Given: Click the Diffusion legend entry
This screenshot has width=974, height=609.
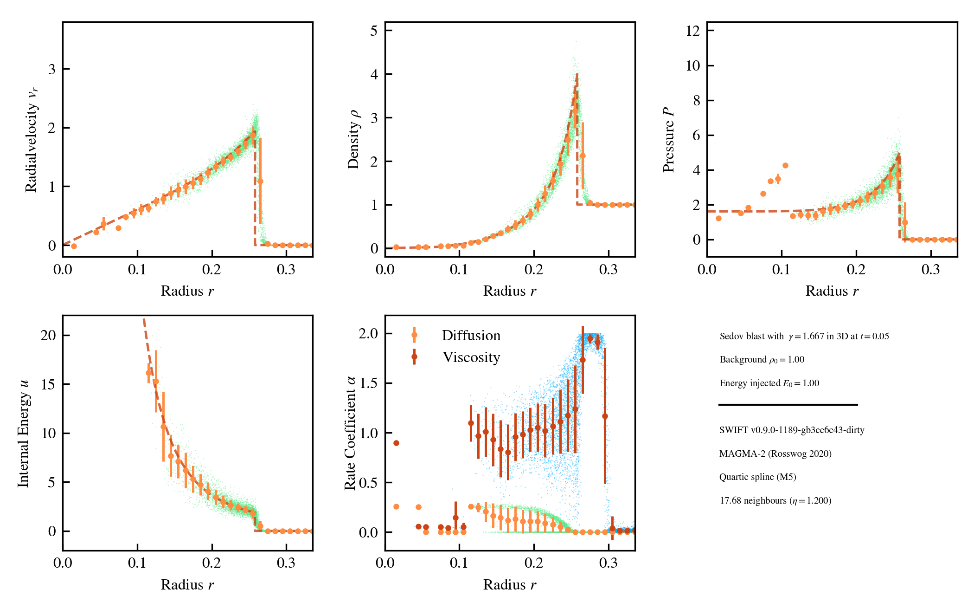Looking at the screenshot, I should point(470,335).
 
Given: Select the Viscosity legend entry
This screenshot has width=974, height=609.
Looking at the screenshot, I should point(471,357).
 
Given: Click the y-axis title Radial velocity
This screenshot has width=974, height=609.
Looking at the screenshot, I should point(31,139).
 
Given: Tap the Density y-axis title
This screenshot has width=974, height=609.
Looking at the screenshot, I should point(353,139).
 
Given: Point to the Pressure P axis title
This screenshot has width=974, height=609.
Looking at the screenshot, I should point(668,139).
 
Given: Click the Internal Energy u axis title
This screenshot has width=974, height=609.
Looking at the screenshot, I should point(23,433).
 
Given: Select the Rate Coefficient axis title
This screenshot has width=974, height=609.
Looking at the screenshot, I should point(350,433).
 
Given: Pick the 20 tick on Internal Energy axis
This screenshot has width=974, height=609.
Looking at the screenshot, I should point(48,335).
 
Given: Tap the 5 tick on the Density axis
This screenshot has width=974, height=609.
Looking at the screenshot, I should point(374,31).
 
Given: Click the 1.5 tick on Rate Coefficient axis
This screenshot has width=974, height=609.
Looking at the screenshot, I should point(368,383).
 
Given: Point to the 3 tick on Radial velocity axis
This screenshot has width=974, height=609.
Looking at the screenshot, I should point(52,69).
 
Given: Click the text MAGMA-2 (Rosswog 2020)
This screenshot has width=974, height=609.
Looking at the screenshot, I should point(775,454).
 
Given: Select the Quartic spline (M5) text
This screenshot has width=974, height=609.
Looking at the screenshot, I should point(757,477).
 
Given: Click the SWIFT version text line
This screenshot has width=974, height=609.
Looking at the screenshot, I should point(792,430).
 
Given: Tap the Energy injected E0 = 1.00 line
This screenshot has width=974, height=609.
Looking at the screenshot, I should point(769,383).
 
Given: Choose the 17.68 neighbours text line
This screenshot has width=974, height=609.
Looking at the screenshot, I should point(775,500).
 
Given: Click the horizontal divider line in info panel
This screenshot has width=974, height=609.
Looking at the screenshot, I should point(788,405).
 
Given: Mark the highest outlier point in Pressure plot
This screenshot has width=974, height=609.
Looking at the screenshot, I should point(785,165).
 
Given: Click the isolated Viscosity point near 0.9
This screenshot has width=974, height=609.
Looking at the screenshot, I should point(396,443).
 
